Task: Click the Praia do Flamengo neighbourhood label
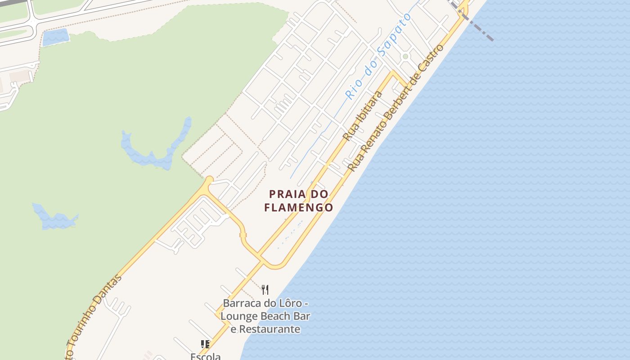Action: [x=298, y=201]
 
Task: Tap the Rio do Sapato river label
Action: [x=378, y=56]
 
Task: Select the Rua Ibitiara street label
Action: [x=362, y=116]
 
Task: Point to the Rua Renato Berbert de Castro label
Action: [x=396, y=108]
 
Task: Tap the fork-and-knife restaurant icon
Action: [x=265, y=289]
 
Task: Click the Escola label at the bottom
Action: [x=206, y=356]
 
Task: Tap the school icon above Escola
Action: [x=205, y=345]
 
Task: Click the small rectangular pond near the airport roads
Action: [x=56, y=37]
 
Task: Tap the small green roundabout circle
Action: [x=405, y=57]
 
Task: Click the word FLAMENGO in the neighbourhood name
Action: [x=298, y=207]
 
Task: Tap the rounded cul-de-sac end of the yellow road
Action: [x=209, y=180]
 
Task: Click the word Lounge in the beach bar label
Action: [x=238, y=316]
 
